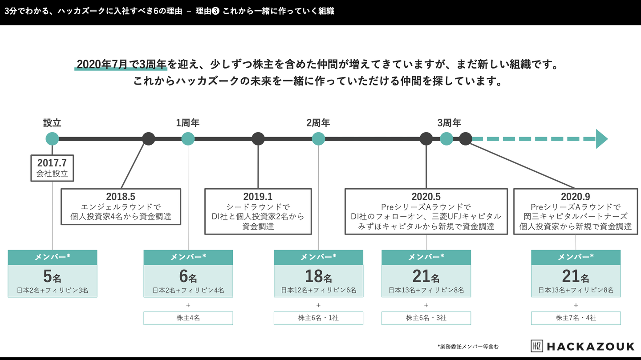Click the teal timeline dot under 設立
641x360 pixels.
(52, 138)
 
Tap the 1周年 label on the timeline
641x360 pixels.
(188, 123)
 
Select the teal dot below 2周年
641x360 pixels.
(318, 138)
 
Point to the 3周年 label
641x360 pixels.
(449, 123)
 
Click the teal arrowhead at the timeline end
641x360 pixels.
(601, 139)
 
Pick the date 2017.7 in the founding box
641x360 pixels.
(52, 163)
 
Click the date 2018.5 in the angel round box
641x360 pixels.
(121, 196)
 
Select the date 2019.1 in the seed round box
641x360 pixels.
(258, 196)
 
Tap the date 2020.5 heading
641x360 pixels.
(426, 196)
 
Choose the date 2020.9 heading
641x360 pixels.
(576, 196)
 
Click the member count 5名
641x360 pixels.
(52, 277)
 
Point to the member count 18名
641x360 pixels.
(318, 277)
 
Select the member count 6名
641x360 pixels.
(188, 277)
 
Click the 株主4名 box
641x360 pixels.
(188, 318)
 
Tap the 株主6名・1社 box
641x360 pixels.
(318, 318)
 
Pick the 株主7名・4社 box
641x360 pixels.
(576, 318)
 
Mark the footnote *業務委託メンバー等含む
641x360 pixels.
(468, 346)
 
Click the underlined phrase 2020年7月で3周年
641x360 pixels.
(121, 64)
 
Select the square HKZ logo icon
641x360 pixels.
(537, 346)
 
